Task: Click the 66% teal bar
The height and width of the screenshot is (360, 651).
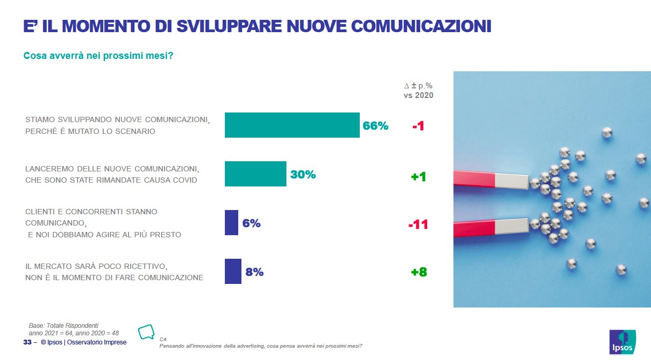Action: click(292, 125)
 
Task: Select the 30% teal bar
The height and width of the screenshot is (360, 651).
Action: click(255, 174)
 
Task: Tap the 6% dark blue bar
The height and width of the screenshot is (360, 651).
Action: click(231, 223)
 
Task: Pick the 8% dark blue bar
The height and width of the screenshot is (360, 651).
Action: click(233, 272)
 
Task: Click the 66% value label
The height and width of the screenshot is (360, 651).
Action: click(375, 126)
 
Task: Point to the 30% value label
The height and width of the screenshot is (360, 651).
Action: click(303, 175)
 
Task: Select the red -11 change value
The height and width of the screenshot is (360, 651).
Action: click(418, 224)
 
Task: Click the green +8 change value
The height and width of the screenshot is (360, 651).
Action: click(419, 272)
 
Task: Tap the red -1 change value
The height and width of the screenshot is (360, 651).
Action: click(418, 127)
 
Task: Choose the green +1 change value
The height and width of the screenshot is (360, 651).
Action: click(419, 176)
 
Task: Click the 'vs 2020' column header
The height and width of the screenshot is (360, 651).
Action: click(418, 95)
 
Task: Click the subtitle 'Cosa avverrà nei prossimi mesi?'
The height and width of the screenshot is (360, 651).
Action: click(98, 56)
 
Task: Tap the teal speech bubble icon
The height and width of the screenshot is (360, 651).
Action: click(146, 332)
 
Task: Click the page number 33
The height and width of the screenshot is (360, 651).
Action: click(27, 342)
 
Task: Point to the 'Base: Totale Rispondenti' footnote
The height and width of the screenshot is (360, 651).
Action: click(63, 325)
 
